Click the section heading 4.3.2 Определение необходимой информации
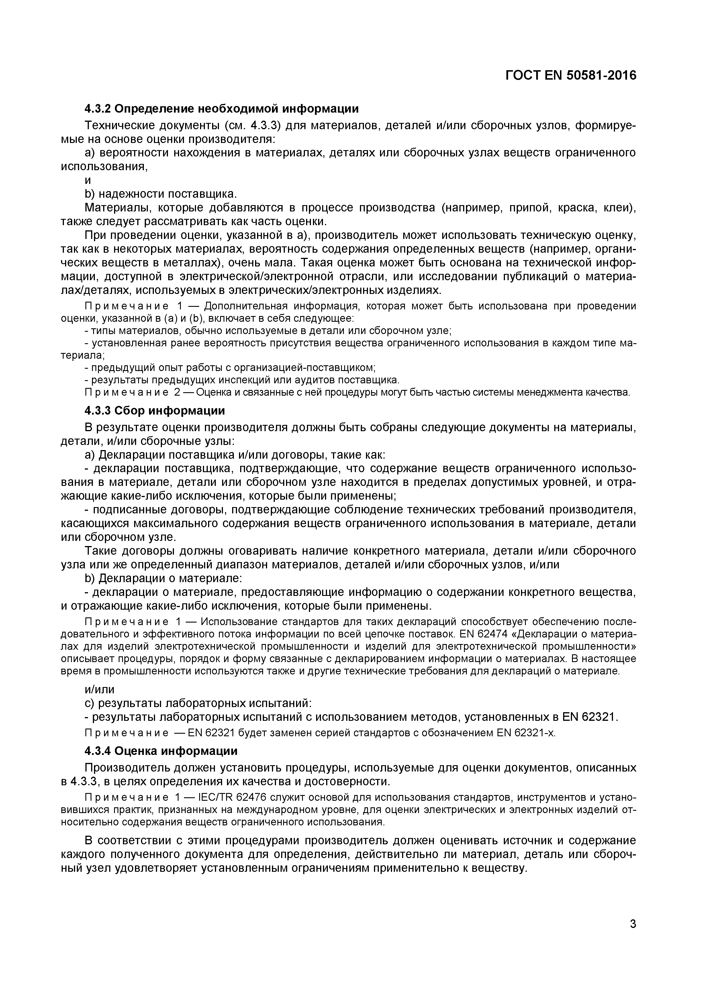(x=222, y=108)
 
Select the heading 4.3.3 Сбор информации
(x=154, y=411)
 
